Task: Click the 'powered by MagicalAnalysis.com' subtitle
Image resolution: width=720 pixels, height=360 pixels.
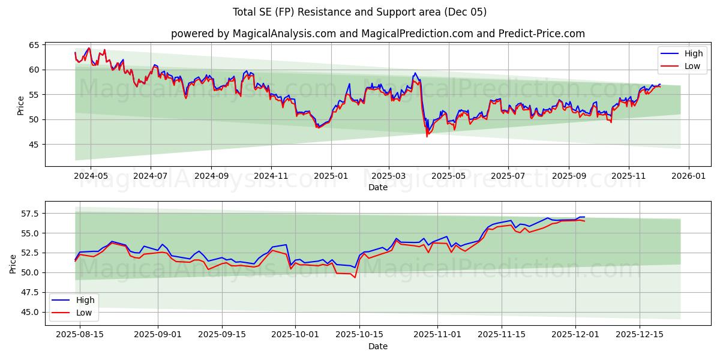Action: (x=377, y=34)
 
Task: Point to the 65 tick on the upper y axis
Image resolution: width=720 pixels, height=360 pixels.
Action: (x=34, y=45)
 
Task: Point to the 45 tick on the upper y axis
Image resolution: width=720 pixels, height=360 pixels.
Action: (x=34, y=145)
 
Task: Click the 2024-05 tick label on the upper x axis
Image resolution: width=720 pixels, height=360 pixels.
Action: (x=91, y=176)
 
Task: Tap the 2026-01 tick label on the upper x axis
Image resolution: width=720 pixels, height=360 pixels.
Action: (x=688, y=176)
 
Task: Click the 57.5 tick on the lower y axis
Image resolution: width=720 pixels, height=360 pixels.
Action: (x=29, y=214)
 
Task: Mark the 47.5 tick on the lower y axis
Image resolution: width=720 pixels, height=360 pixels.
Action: (x=29, y=293)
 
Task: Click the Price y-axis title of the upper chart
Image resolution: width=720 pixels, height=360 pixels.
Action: (x=21, y=106)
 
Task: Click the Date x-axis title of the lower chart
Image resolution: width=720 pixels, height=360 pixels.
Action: (x=377, y=346)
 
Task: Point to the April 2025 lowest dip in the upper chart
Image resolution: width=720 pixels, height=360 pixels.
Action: (x=427, y=137)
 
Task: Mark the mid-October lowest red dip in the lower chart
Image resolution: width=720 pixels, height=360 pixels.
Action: (x=355, y=277)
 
